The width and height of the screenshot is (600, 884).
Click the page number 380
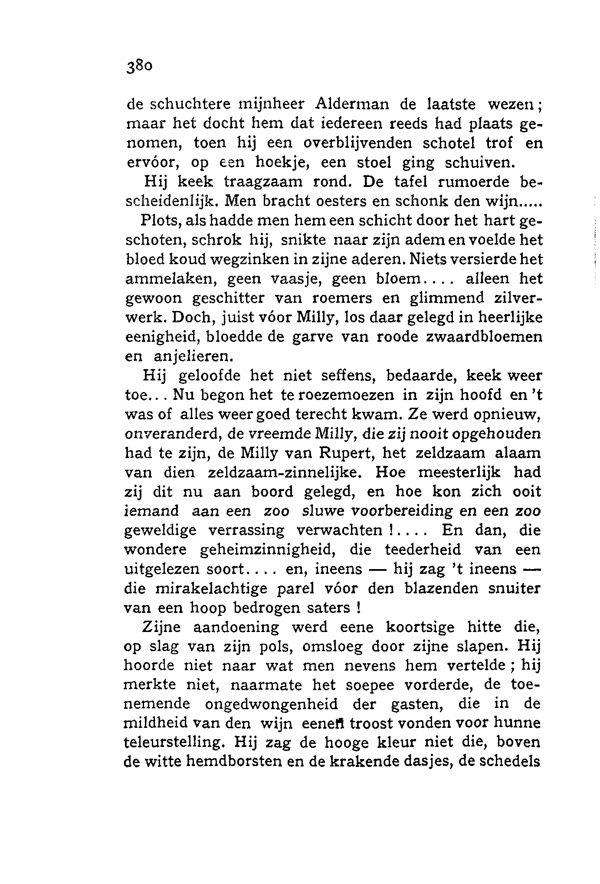click(x=138, y=67)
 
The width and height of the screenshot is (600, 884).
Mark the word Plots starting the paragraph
click(x=158, y=221)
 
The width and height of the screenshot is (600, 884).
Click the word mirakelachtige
click(x=207, y=589)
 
